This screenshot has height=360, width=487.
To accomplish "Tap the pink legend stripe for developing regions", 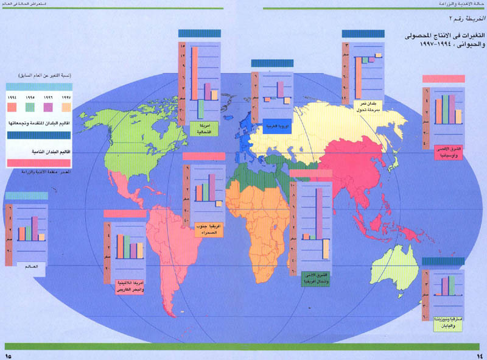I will pyautogui.click(x=38, y=161).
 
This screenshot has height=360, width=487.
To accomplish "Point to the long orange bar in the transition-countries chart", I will pyautogui.click(x=360, y=79).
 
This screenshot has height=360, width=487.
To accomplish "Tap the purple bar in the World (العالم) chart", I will pyautogui.click(x=35, y=228).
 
